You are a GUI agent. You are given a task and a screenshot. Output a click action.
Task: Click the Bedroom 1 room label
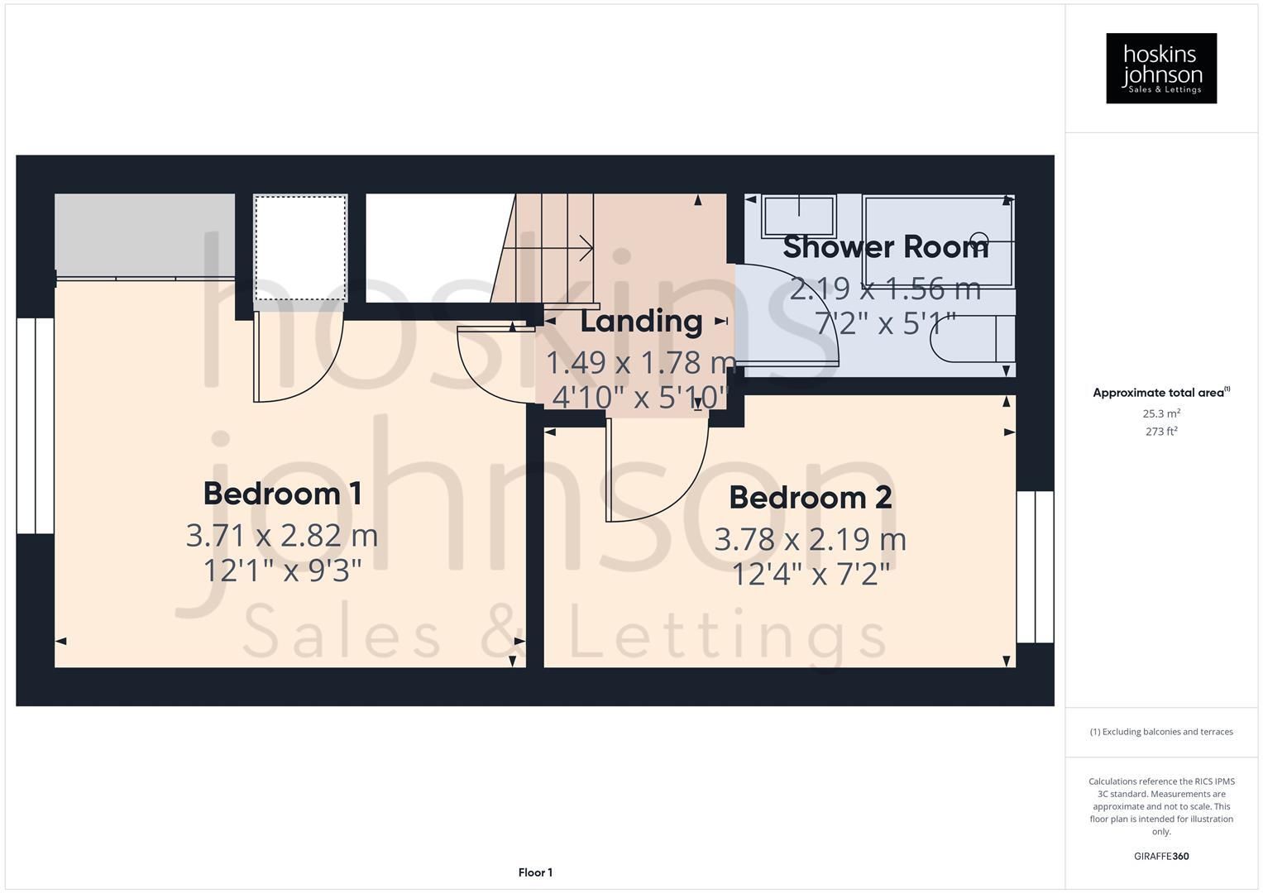[x=282, y=494]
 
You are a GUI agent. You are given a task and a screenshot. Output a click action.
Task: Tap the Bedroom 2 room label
[x=810, y=498]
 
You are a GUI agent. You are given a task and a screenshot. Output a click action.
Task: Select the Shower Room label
[x=885, y=247]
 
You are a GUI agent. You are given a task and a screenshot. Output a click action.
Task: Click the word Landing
[x=641, y=321]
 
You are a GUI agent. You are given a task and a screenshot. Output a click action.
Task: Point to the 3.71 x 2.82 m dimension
[x=282, y=536]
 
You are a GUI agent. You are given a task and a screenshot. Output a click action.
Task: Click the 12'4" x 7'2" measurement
[x=810, y=574]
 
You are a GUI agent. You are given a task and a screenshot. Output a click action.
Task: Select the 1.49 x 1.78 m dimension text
[x=641, y=362]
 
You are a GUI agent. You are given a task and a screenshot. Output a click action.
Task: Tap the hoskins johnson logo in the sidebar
[x=1160, y=69]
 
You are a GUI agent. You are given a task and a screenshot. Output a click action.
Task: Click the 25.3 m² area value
[x=1160, y=413]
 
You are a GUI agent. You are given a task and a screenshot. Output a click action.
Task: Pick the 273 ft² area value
[x=1160, y=432]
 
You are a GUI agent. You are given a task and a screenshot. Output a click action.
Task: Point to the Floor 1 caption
[x=535, y=872]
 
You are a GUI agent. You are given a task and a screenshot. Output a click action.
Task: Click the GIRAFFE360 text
[x=1160, y=856]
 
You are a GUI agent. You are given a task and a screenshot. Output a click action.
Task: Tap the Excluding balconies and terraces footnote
[x=1160, y=732]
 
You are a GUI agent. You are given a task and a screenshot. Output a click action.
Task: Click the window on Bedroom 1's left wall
[x=35, y=426]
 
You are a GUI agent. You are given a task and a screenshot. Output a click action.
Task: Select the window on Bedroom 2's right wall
[x=1035, y=567]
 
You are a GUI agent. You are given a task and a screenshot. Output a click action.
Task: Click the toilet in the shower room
[x=972, y=339]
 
